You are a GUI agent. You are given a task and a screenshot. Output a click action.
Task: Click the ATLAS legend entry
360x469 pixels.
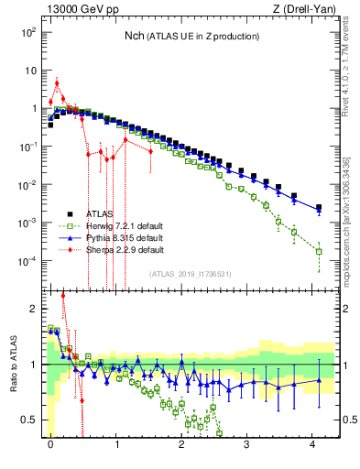[x=99, y=213]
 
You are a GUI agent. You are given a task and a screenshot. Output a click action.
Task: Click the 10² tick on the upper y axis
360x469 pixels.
[x=28, y=32]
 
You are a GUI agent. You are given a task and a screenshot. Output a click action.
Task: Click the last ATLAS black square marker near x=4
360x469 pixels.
[x=319, y=208]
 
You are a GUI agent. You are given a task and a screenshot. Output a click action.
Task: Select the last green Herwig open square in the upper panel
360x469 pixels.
[x=319, y=251]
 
